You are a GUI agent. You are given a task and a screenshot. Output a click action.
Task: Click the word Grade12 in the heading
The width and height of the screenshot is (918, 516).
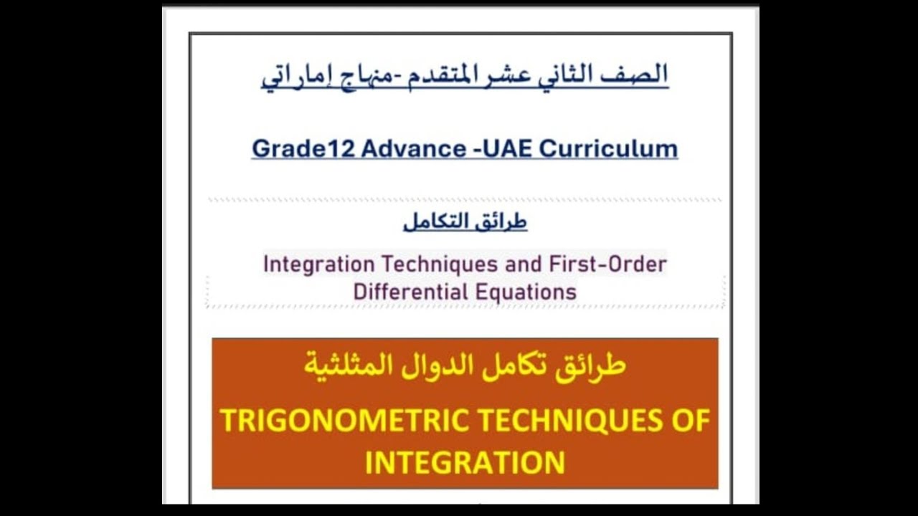[303, 148]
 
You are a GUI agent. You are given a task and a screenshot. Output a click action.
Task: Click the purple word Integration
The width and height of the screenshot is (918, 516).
[318, 264]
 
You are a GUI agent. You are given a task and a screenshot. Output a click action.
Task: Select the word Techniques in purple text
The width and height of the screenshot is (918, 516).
[440, 264]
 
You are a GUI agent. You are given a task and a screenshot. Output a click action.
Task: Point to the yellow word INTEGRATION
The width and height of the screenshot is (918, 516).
[465, 462]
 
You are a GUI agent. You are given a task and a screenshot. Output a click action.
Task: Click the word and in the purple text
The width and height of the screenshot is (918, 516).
[524, 264]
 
